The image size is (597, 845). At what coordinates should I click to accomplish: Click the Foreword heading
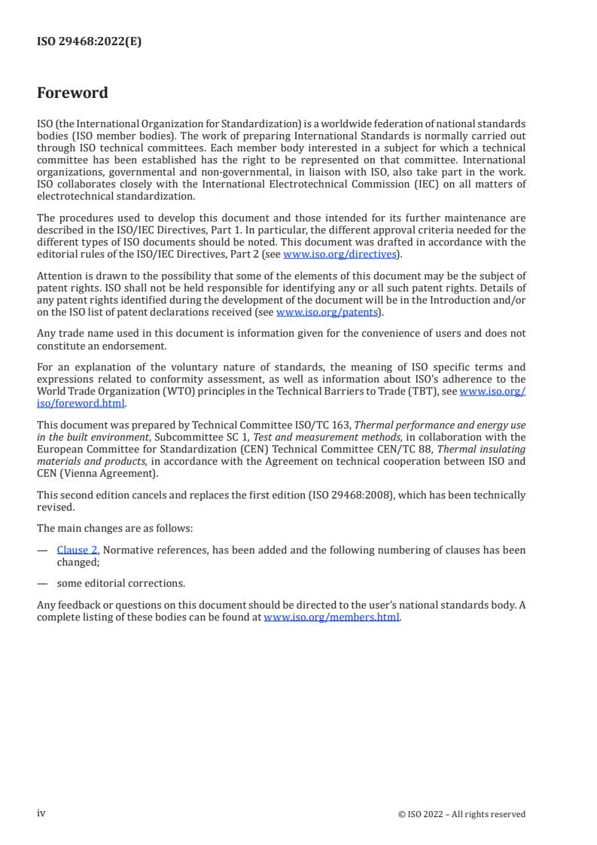pos(72,93)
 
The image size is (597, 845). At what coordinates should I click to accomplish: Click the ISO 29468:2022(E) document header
pos(89,42)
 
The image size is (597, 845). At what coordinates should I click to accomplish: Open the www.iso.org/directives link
pos(340,255)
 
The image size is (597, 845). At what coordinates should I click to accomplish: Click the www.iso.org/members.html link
pos(331,617)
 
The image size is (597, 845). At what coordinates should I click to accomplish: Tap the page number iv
pos(41,813)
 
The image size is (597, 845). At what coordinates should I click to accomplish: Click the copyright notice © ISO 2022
pos(461,814)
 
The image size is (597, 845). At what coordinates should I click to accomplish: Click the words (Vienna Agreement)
pos(102,472)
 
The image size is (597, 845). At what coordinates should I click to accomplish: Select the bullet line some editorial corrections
pos(120,583)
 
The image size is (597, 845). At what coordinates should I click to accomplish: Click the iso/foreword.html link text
pos(81,403)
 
